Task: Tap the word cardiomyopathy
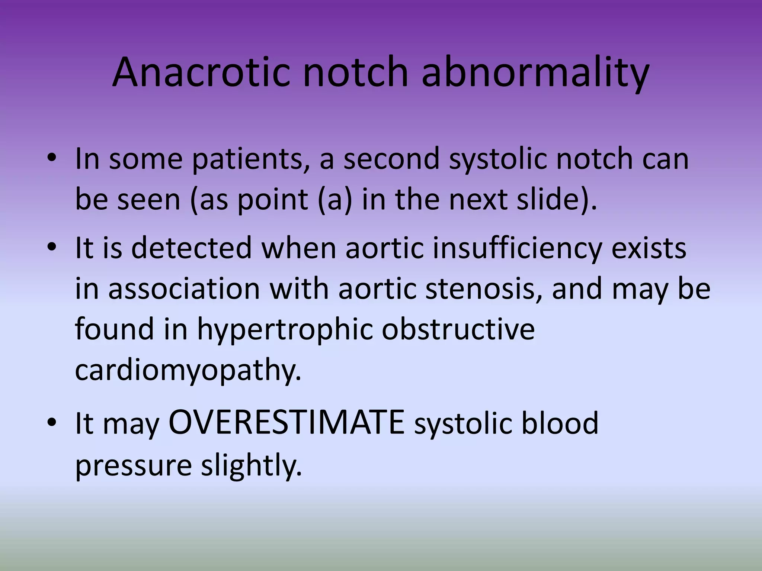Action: click(188, 370)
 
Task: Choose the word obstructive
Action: click(458, 329)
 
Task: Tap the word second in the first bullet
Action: click(391, 159)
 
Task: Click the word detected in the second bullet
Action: click(192, 248)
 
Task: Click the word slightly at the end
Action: click(251, 465)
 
